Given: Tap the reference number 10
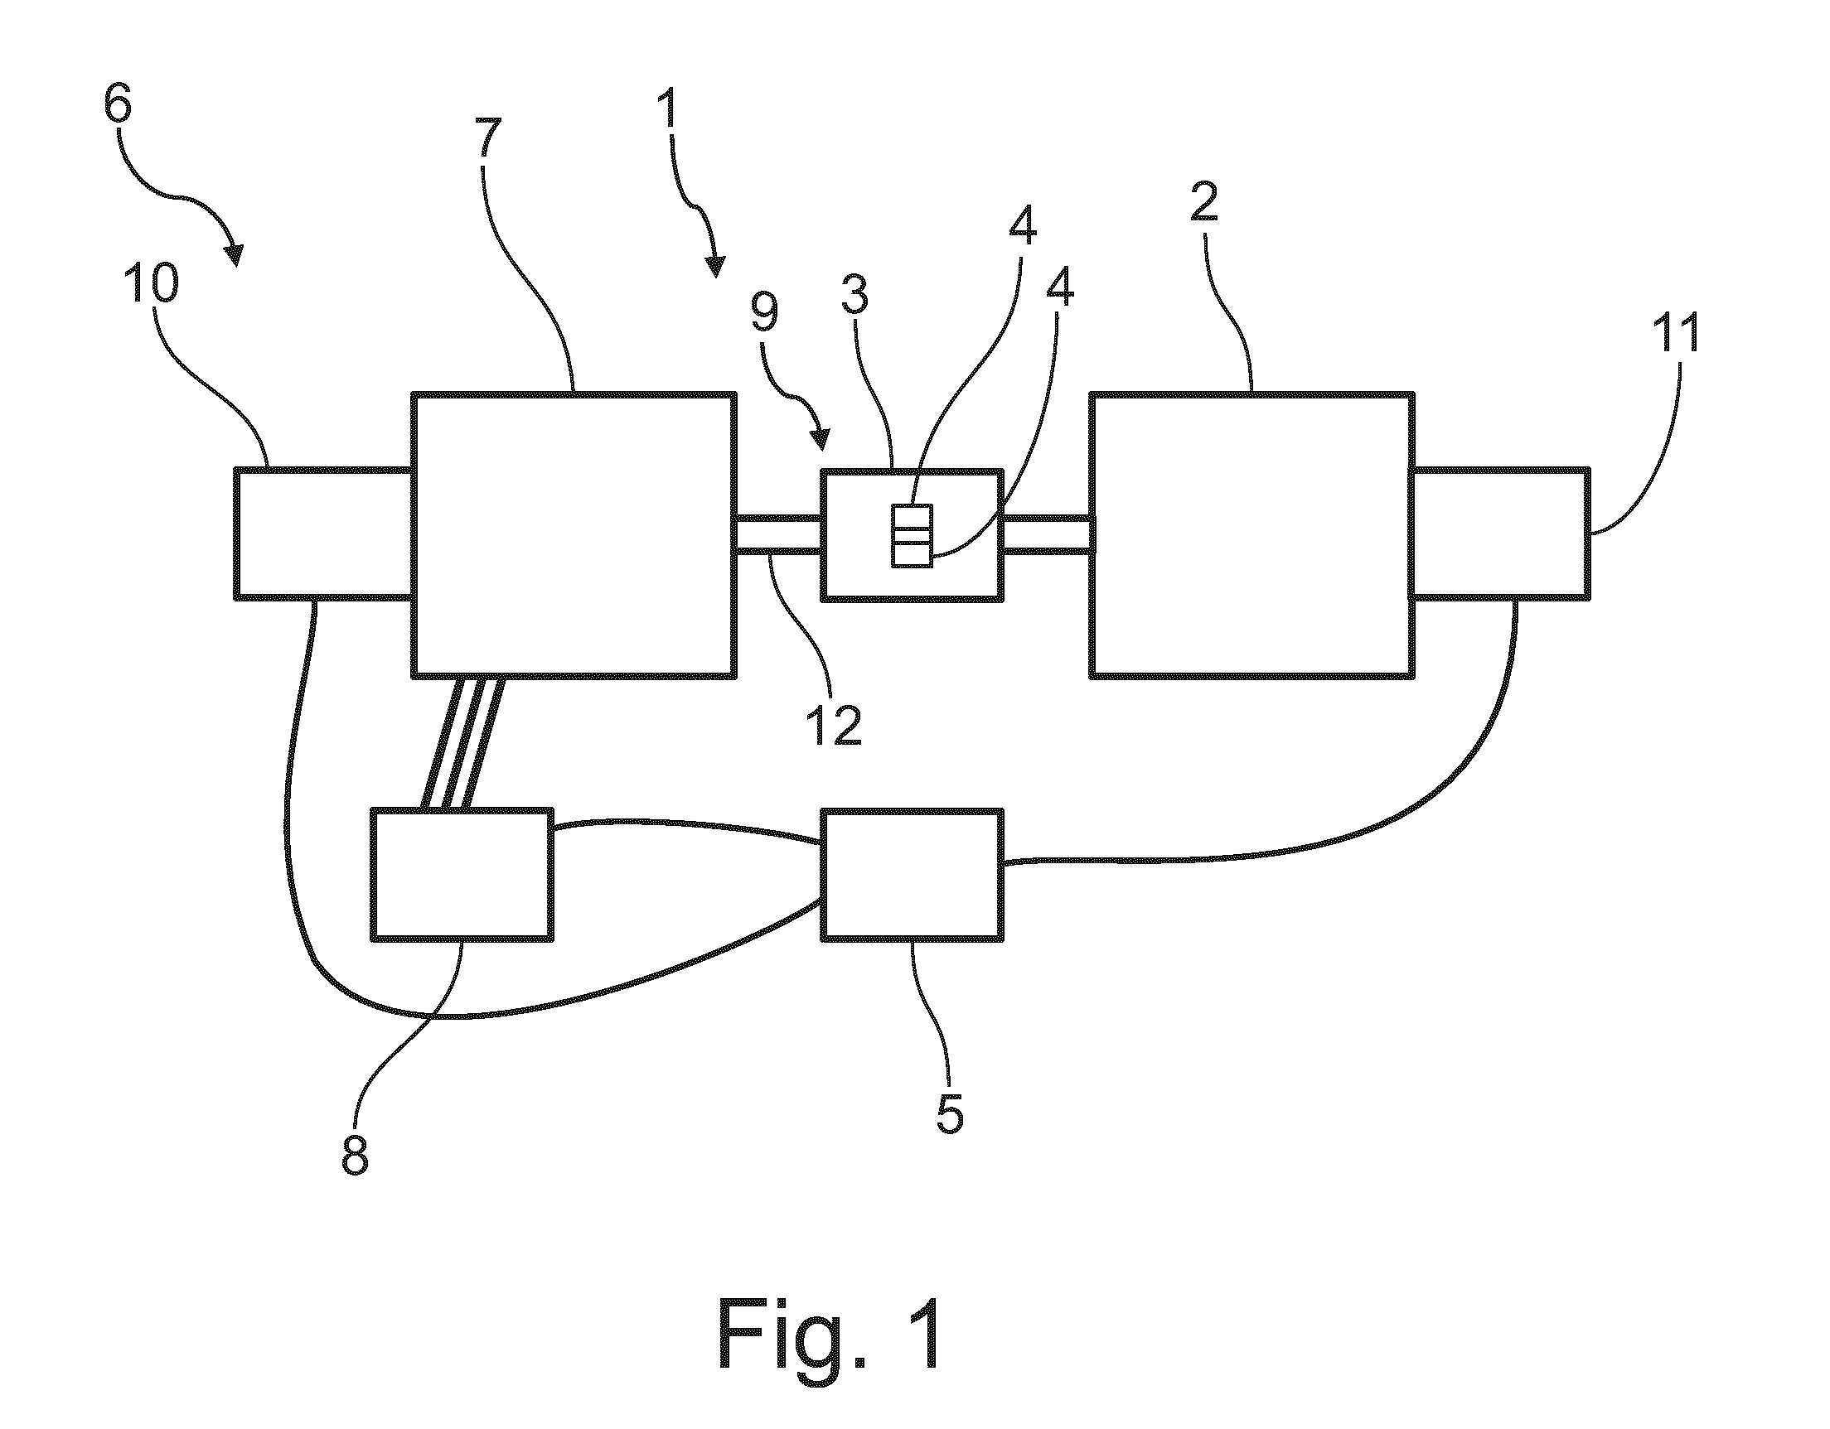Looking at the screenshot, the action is click(153, 282).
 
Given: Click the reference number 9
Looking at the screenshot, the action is click(762, 311).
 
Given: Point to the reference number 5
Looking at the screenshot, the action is click(948, 1111).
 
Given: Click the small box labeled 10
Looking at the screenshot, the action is click(323, 533).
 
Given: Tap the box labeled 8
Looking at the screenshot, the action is click(462, 874).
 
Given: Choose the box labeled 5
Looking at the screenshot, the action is click(912, 876).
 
